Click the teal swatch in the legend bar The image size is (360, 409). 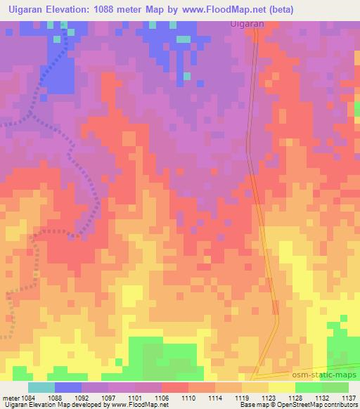point(41,387)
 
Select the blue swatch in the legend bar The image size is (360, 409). point(68,387)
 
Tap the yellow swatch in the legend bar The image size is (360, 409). point(282,387)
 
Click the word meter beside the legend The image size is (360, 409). point(9,398)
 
